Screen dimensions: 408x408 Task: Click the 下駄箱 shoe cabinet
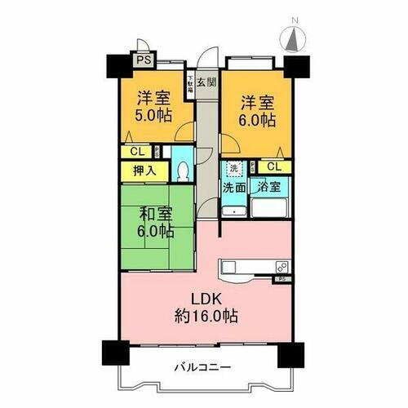190,85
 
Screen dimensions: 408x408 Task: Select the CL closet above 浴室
274,167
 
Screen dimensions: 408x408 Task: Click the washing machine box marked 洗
233,168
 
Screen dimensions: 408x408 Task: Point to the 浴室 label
269,187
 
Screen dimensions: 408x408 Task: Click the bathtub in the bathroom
269,206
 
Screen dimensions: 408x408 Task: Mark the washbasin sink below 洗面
234,208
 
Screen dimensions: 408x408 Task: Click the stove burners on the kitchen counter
281,266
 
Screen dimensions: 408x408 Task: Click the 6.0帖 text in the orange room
257,120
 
